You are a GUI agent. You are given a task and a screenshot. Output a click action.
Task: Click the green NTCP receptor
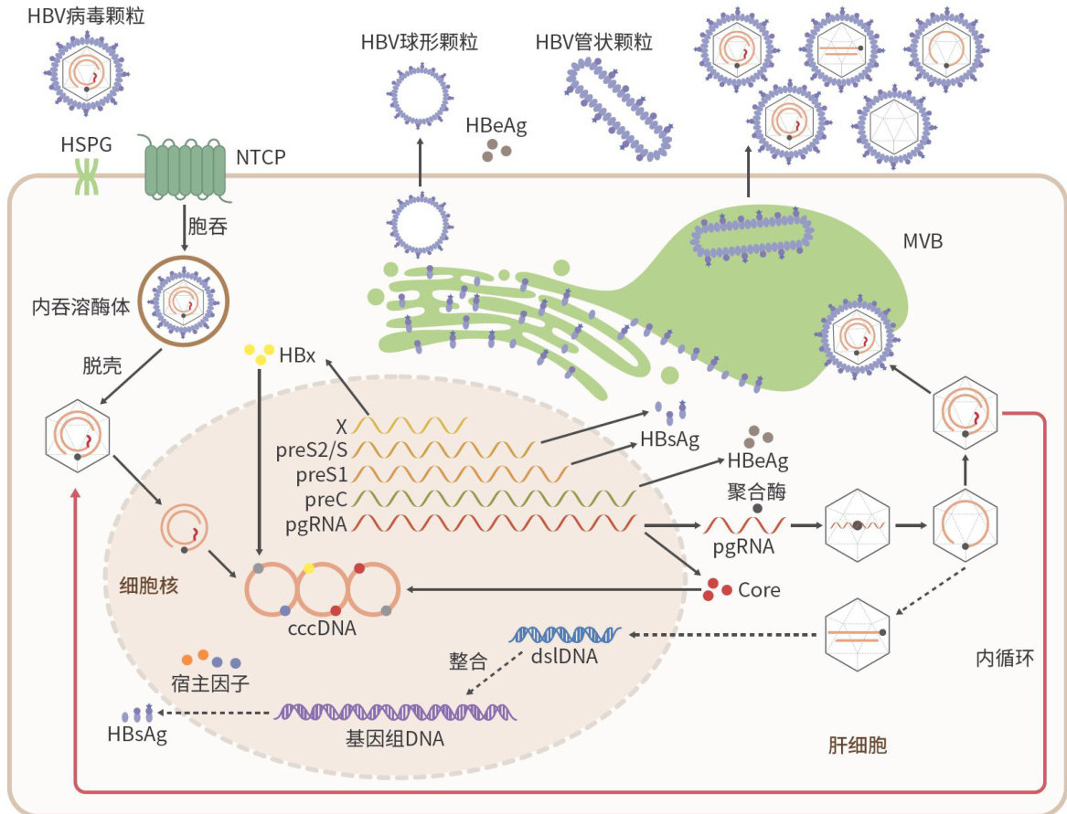[185, 170]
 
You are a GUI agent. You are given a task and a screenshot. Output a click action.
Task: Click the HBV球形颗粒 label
[420, 42]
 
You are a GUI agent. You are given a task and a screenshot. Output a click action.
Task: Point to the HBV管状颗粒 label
[593, 42]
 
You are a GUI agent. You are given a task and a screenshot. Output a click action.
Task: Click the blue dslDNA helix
[566, 632]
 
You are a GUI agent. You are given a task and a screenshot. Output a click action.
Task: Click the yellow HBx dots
[258, 354]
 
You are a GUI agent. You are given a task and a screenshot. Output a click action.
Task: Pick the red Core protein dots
[717, 589]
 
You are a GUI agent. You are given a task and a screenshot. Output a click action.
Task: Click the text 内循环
[1004, 657]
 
